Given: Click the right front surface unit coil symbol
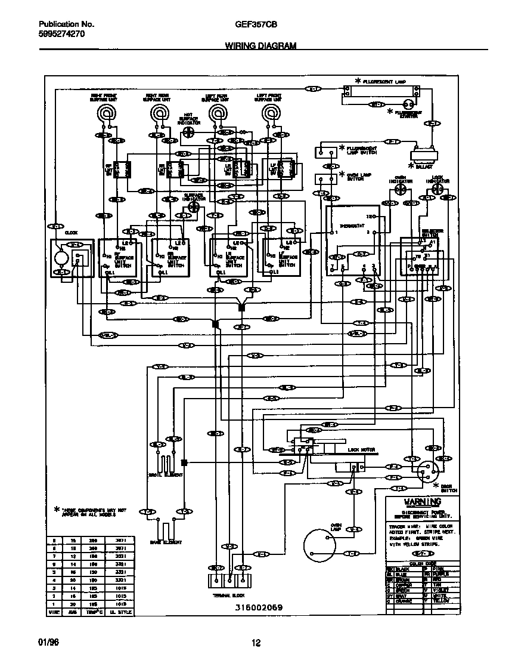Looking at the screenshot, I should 107,112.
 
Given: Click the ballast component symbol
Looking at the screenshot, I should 423,156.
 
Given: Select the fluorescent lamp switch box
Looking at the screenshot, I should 326,149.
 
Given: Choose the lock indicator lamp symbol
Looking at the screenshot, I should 438,189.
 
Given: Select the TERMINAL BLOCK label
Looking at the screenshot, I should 228,595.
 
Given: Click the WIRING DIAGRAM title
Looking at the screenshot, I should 260,45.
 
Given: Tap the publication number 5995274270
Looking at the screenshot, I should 62,35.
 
